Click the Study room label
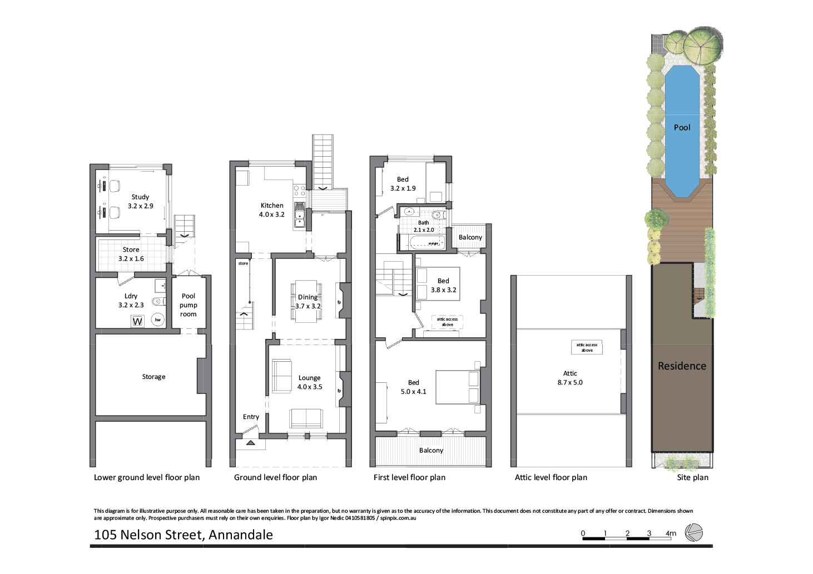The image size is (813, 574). [x=140, y=201]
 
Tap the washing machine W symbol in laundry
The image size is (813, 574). [x=137, y=321]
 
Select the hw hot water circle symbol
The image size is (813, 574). [x=158, y=320]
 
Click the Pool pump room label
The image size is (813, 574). [x=189, y=305]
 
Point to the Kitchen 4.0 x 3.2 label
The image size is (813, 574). [x=272, y=209]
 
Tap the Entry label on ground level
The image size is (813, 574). [x=251, y=417]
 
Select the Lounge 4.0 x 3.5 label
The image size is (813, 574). [x=310, y=382]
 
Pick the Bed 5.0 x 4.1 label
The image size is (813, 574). [x=414, y=387]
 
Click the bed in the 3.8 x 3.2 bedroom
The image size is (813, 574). [x=438, y=284]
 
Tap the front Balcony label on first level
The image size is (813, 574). [x=431, y=451]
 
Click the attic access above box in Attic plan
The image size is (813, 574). [x=587, y=348]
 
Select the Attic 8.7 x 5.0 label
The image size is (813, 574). [x=570, y=378]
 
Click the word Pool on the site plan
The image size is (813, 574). [x=682, y=127]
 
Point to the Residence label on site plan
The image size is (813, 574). [x=682, y=366]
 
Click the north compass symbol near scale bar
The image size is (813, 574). [x=694, y=533]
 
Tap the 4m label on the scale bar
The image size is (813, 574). [x=671, y=533]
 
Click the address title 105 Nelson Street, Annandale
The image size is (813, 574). [x=184, y=535]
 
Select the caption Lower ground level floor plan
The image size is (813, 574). [x=147, y=477]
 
